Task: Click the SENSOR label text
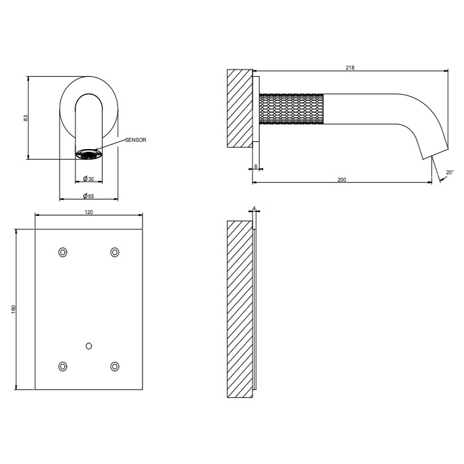[x=135, y=140]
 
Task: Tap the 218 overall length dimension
[x=348, y=66]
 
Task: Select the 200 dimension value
[x=342, y=180]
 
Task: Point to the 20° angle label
[x=450, y=172]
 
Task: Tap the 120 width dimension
[x=89, y=211]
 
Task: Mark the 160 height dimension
[x=14, y=310]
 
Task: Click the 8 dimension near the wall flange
[x=256, y=166]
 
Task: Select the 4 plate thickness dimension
[x=255, y=208]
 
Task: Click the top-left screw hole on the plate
[x=63, y=252]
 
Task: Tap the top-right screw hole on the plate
[x=115, y=252]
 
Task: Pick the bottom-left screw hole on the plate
[x=63, y=367]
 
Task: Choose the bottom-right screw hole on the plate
[x=115, y=367]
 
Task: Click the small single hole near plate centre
[x=89, y=345]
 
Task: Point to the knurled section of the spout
[x=292, y=109]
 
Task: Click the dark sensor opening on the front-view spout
[x=89, y=155]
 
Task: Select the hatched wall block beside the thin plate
[x=239, y=310]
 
